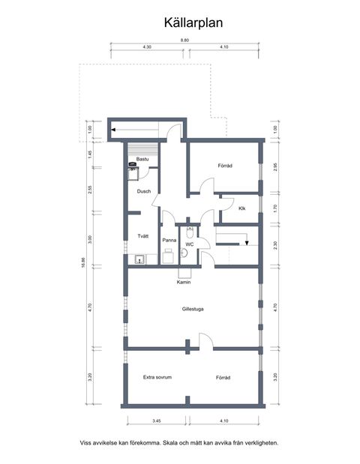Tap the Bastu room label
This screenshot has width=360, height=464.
142,159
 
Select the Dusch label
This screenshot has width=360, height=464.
144,191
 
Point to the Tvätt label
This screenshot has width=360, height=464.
142,236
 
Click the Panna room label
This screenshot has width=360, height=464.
169,240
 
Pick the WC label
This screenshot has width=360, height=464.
190,244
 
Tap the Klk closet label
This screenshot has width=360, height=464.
242,208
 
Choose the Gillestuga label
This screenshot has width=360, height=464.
193,309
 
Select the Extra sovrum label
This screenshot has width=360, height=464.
158,377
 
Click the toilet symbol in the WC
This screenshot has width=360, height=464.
189,232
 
